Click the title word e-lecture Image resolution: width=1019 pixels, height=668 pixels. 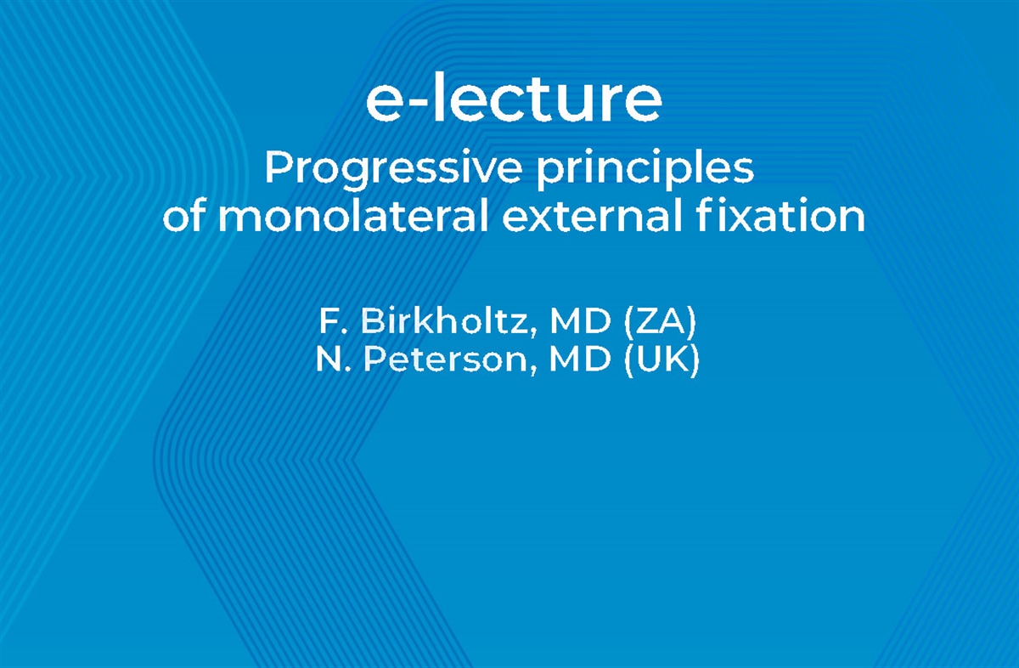pyautogui.click(x=513, y=99)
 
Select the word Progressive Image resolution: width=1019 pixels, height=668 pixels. pyautogui.click(x=393, y=170)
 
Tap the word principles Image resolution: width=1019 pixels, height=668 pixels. pyautogui.click(x=645, y=170)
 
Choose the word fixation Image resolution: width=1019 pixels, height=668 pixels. pyautogui.click(x=782, y=218)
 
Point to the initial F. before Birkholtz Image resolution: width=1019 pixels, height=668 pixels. pyautogui.click(x=331, y=322)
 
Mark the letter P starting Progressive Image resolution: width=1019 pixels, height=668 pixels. pyautogui.click(x=277, y=168)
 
